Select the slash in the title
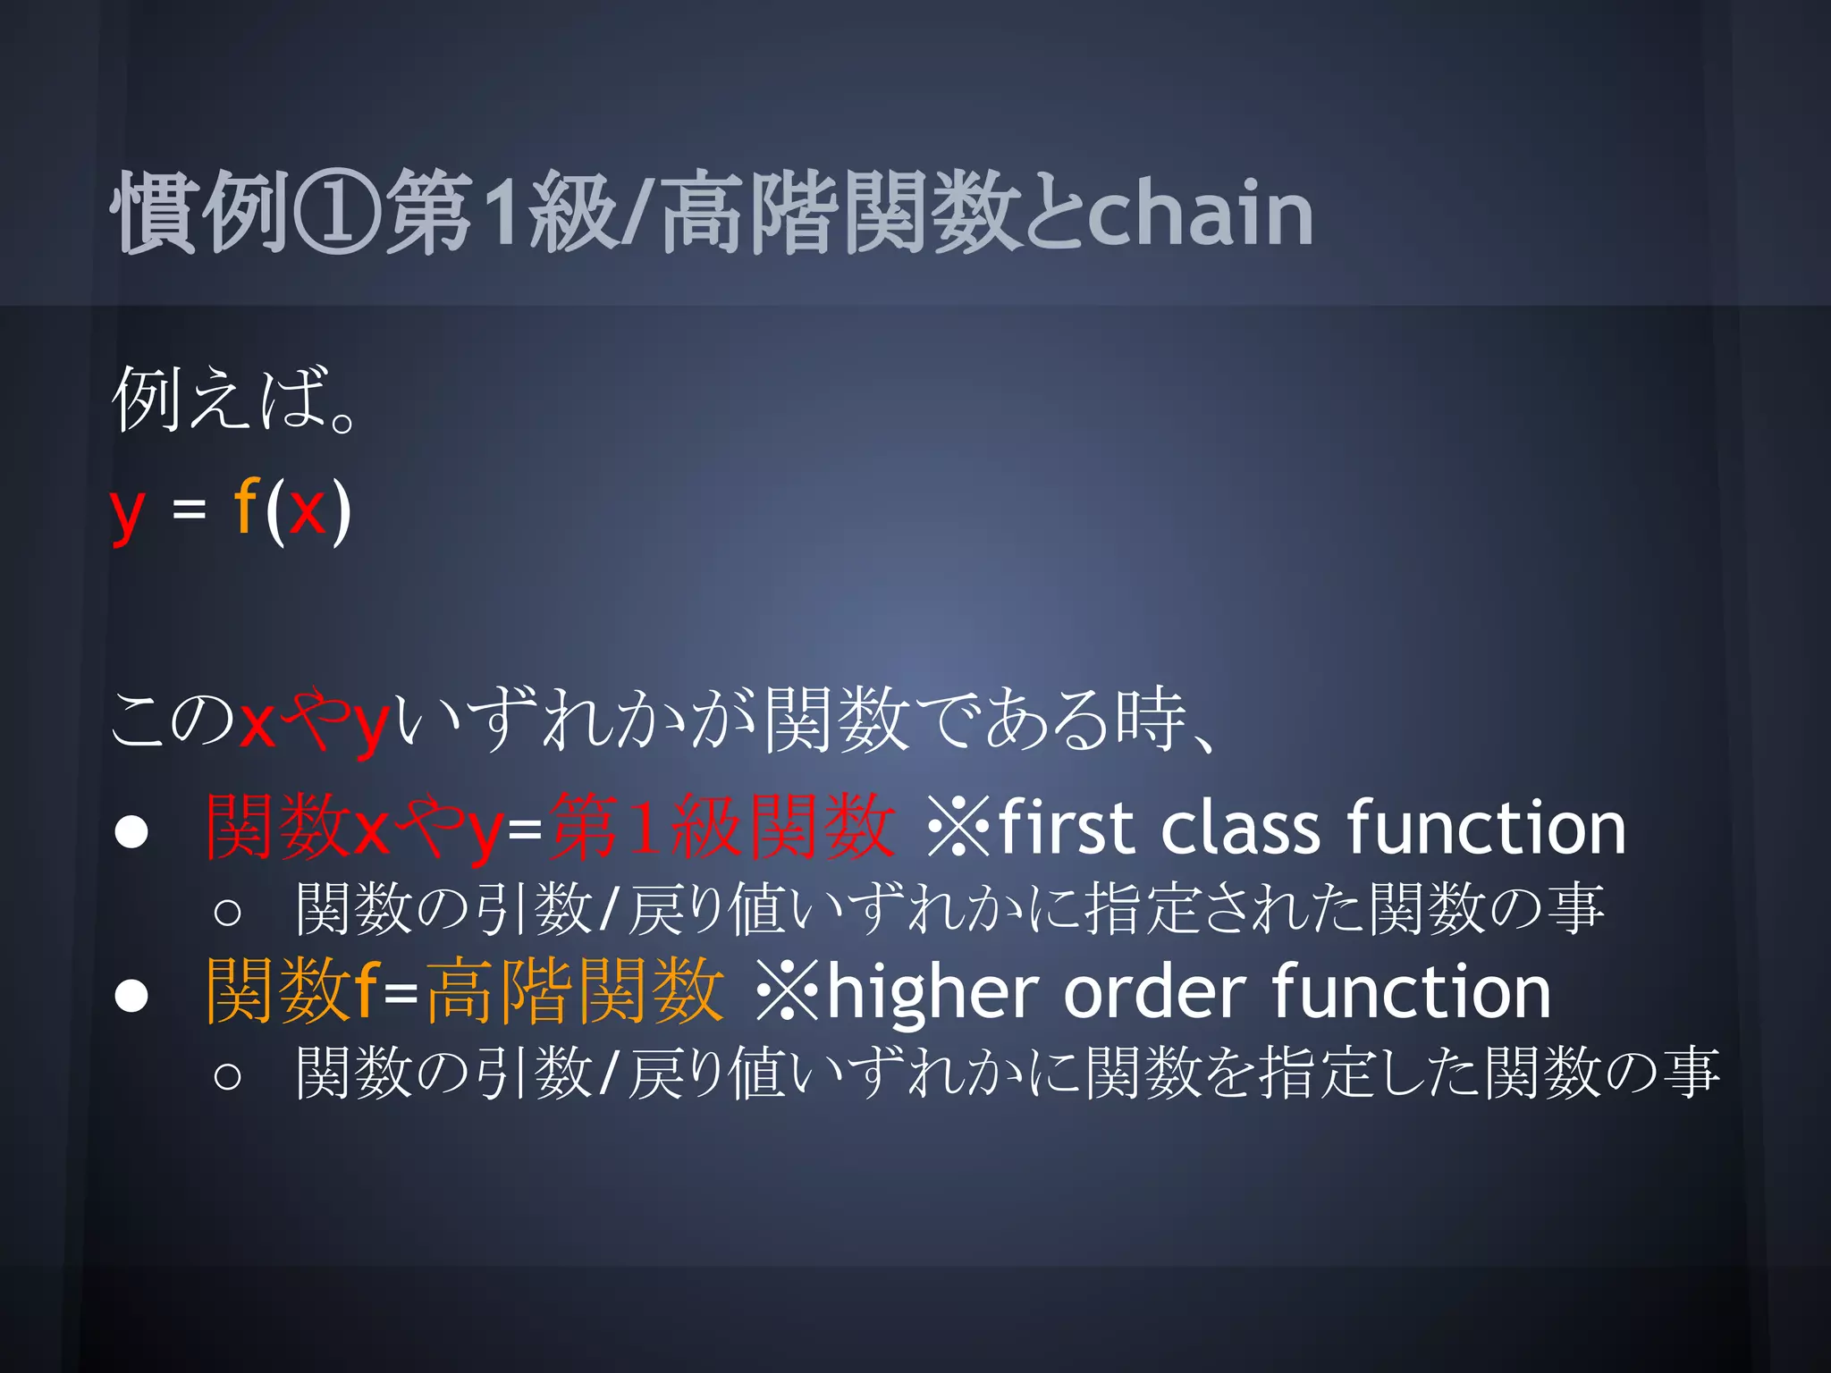640,213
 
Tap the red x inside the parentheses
307,510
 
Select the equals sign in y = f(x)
189,510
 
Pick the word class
1240,828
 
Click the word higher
932,992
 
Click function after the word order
1411,992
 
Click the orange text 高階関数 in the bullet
574,991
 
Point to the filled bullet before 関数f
131,995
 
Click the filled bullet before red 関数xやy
131,831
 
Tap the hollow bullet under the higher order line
227,1075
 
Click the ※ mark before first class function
958,828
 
